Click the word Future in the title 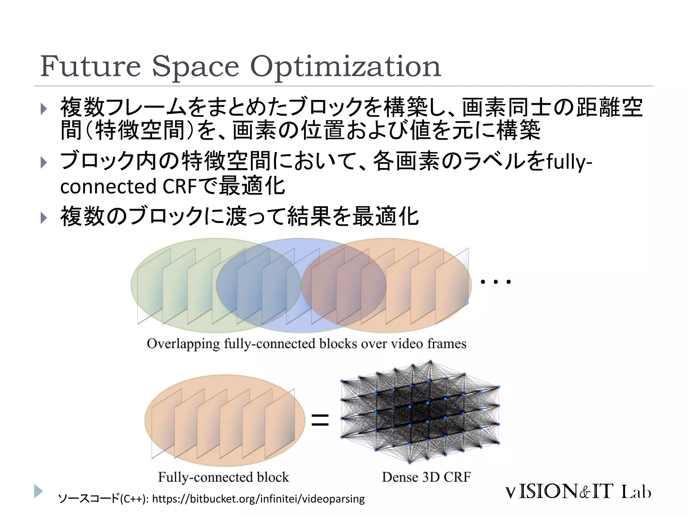(90, 66)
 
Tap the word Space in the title (195, 67)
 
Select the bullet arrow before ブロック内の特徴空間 (44, 163)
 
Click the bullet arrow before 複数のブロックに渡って (44, 218)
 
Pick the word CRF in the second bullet (179, 187)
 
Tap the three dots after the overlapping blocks (496, 282)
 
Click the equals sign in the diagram (320, 420)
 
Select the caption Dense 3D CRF (426, 477)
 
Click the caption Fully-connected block (223, 477)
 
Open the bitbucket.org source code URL (258, 499)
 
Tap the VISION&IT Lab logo (578, 492)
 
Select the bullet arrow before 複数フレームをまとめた (44, 109)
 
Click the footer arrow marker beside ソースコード (38, 491)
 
